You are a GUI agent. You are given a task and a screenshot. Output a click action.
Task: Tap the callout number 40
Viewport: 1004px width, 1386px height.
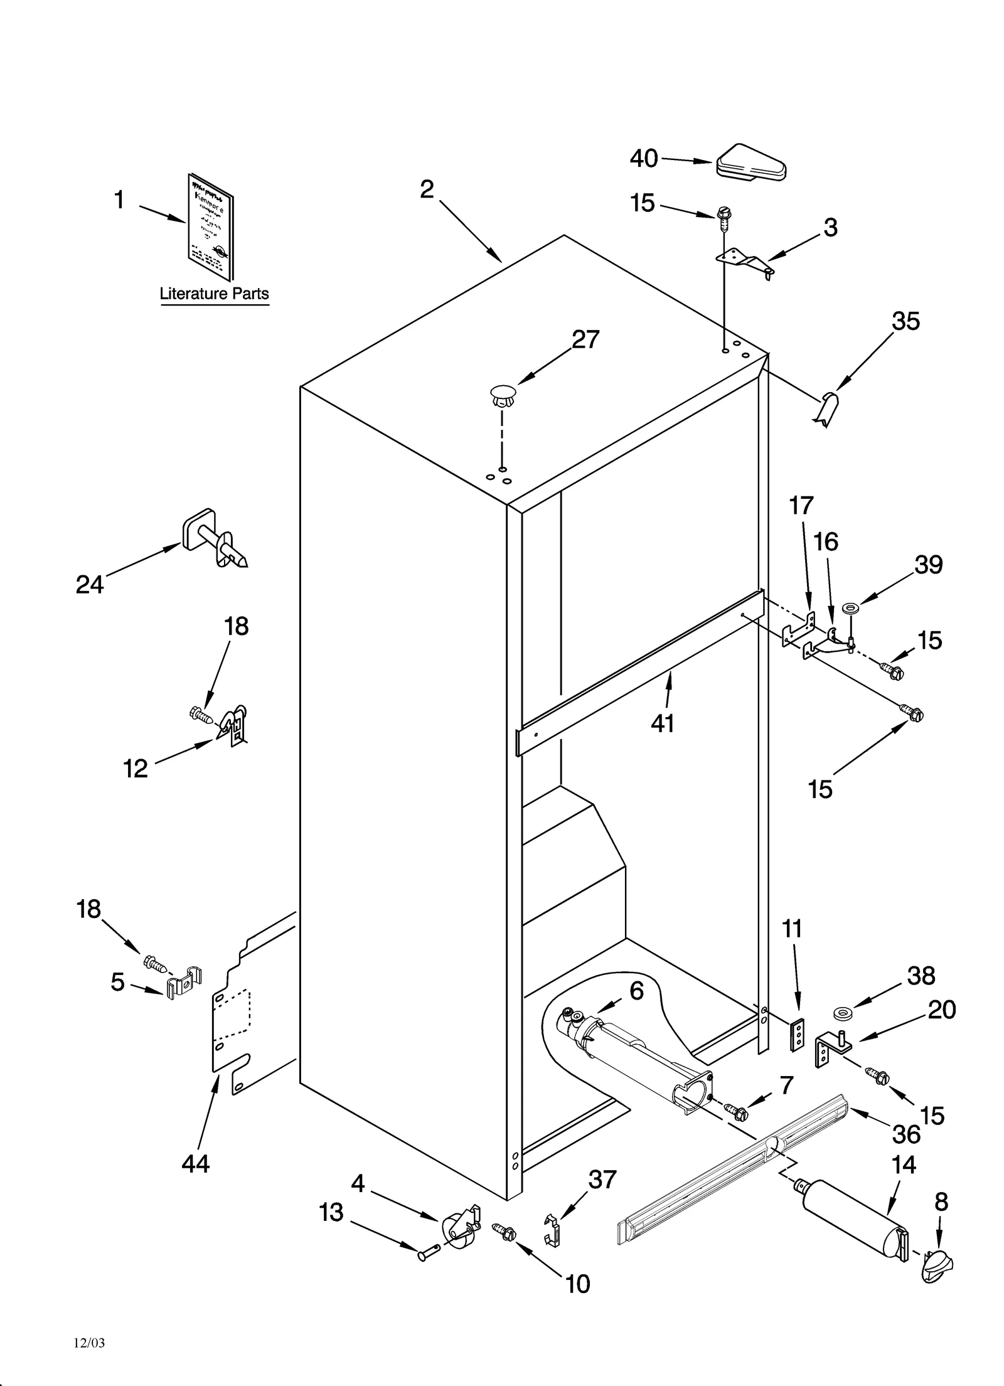click(644, 158)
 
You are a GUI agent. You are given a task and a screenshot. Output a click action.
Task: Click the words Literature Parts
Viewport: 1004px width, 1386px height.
click(214, 294)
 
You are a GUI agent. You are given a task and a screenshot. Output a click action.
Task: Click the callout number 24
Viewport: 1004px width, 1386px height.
click(89, 585)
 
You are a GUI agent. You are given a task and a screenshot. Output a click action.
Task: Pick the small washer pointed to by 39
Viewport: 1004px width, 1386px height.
click(851, 607)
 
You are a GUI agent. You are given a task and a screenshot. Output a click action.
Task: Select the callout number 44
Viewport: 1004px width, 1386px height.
click(196, 1164)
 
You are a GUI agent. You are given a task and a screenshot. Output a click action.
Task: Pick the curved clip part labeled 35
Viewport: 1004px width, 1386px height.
click(828, 407)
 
